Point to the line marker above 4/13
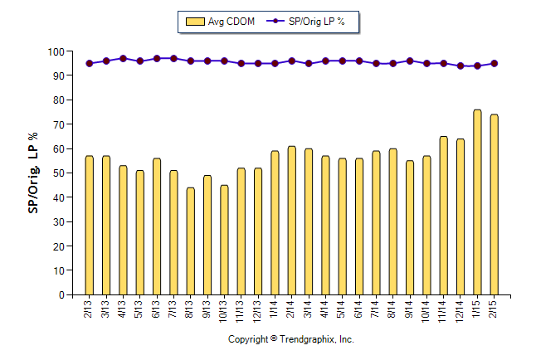(x=123, y=59)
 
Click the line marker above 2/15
(x=494, y=63)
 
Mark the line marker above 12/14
(x=460, y=66)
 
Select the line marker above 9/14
(x=410, y=61)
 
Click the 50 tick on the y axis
(x=58, y=173)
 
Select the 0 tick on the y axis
(x=61, y=295)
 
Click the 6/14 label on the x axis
(x=359, y=311)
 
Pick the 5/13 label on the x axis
(x=139, y=311)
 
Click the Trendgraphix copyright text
(x=291, y=340)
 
